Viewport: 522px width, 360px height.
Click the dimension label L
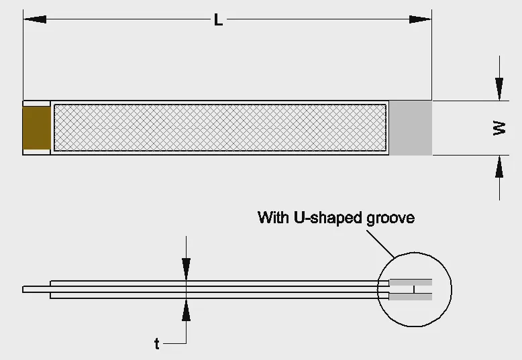point(218,20)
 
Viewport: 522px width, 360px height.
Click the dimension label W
point(499,128)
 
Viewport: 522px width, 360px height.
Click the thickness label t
point(157,343)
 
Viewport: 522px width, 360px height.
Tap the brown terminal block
point(36,128)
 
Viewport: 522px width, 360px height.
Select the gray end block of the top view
point(411,128)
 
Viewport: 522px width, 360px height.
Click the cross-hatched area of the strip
point(220,128)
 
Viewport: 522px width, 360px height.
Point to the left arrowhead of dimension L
point(35,19)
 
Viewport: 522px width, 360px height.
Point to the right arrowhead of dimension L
point(420,19)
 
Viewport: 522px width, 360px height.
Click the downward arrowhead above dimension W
point(499,88)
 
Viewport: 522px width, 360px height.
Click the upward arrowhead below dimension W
point(499,167)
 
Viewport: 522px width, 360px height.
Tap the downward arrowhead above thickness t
point(186,269)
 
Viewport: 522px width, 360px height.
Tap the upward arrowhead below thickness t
point(186,310)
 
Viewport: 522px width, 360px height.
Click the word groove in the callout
point(390,219)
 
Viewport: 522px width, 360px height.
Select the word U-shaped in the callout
point(328,218)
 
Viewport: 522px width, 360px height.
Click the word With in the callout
point(274,217)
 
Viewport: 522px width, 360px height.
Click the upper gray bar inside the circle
point(411,283)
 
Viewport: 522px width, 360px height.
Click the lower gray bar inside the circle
point(411,296)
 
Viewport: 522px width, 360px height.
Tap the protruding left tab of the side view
point(36,290)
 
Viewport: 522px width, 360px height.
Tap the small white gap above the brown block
point(36,104)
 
